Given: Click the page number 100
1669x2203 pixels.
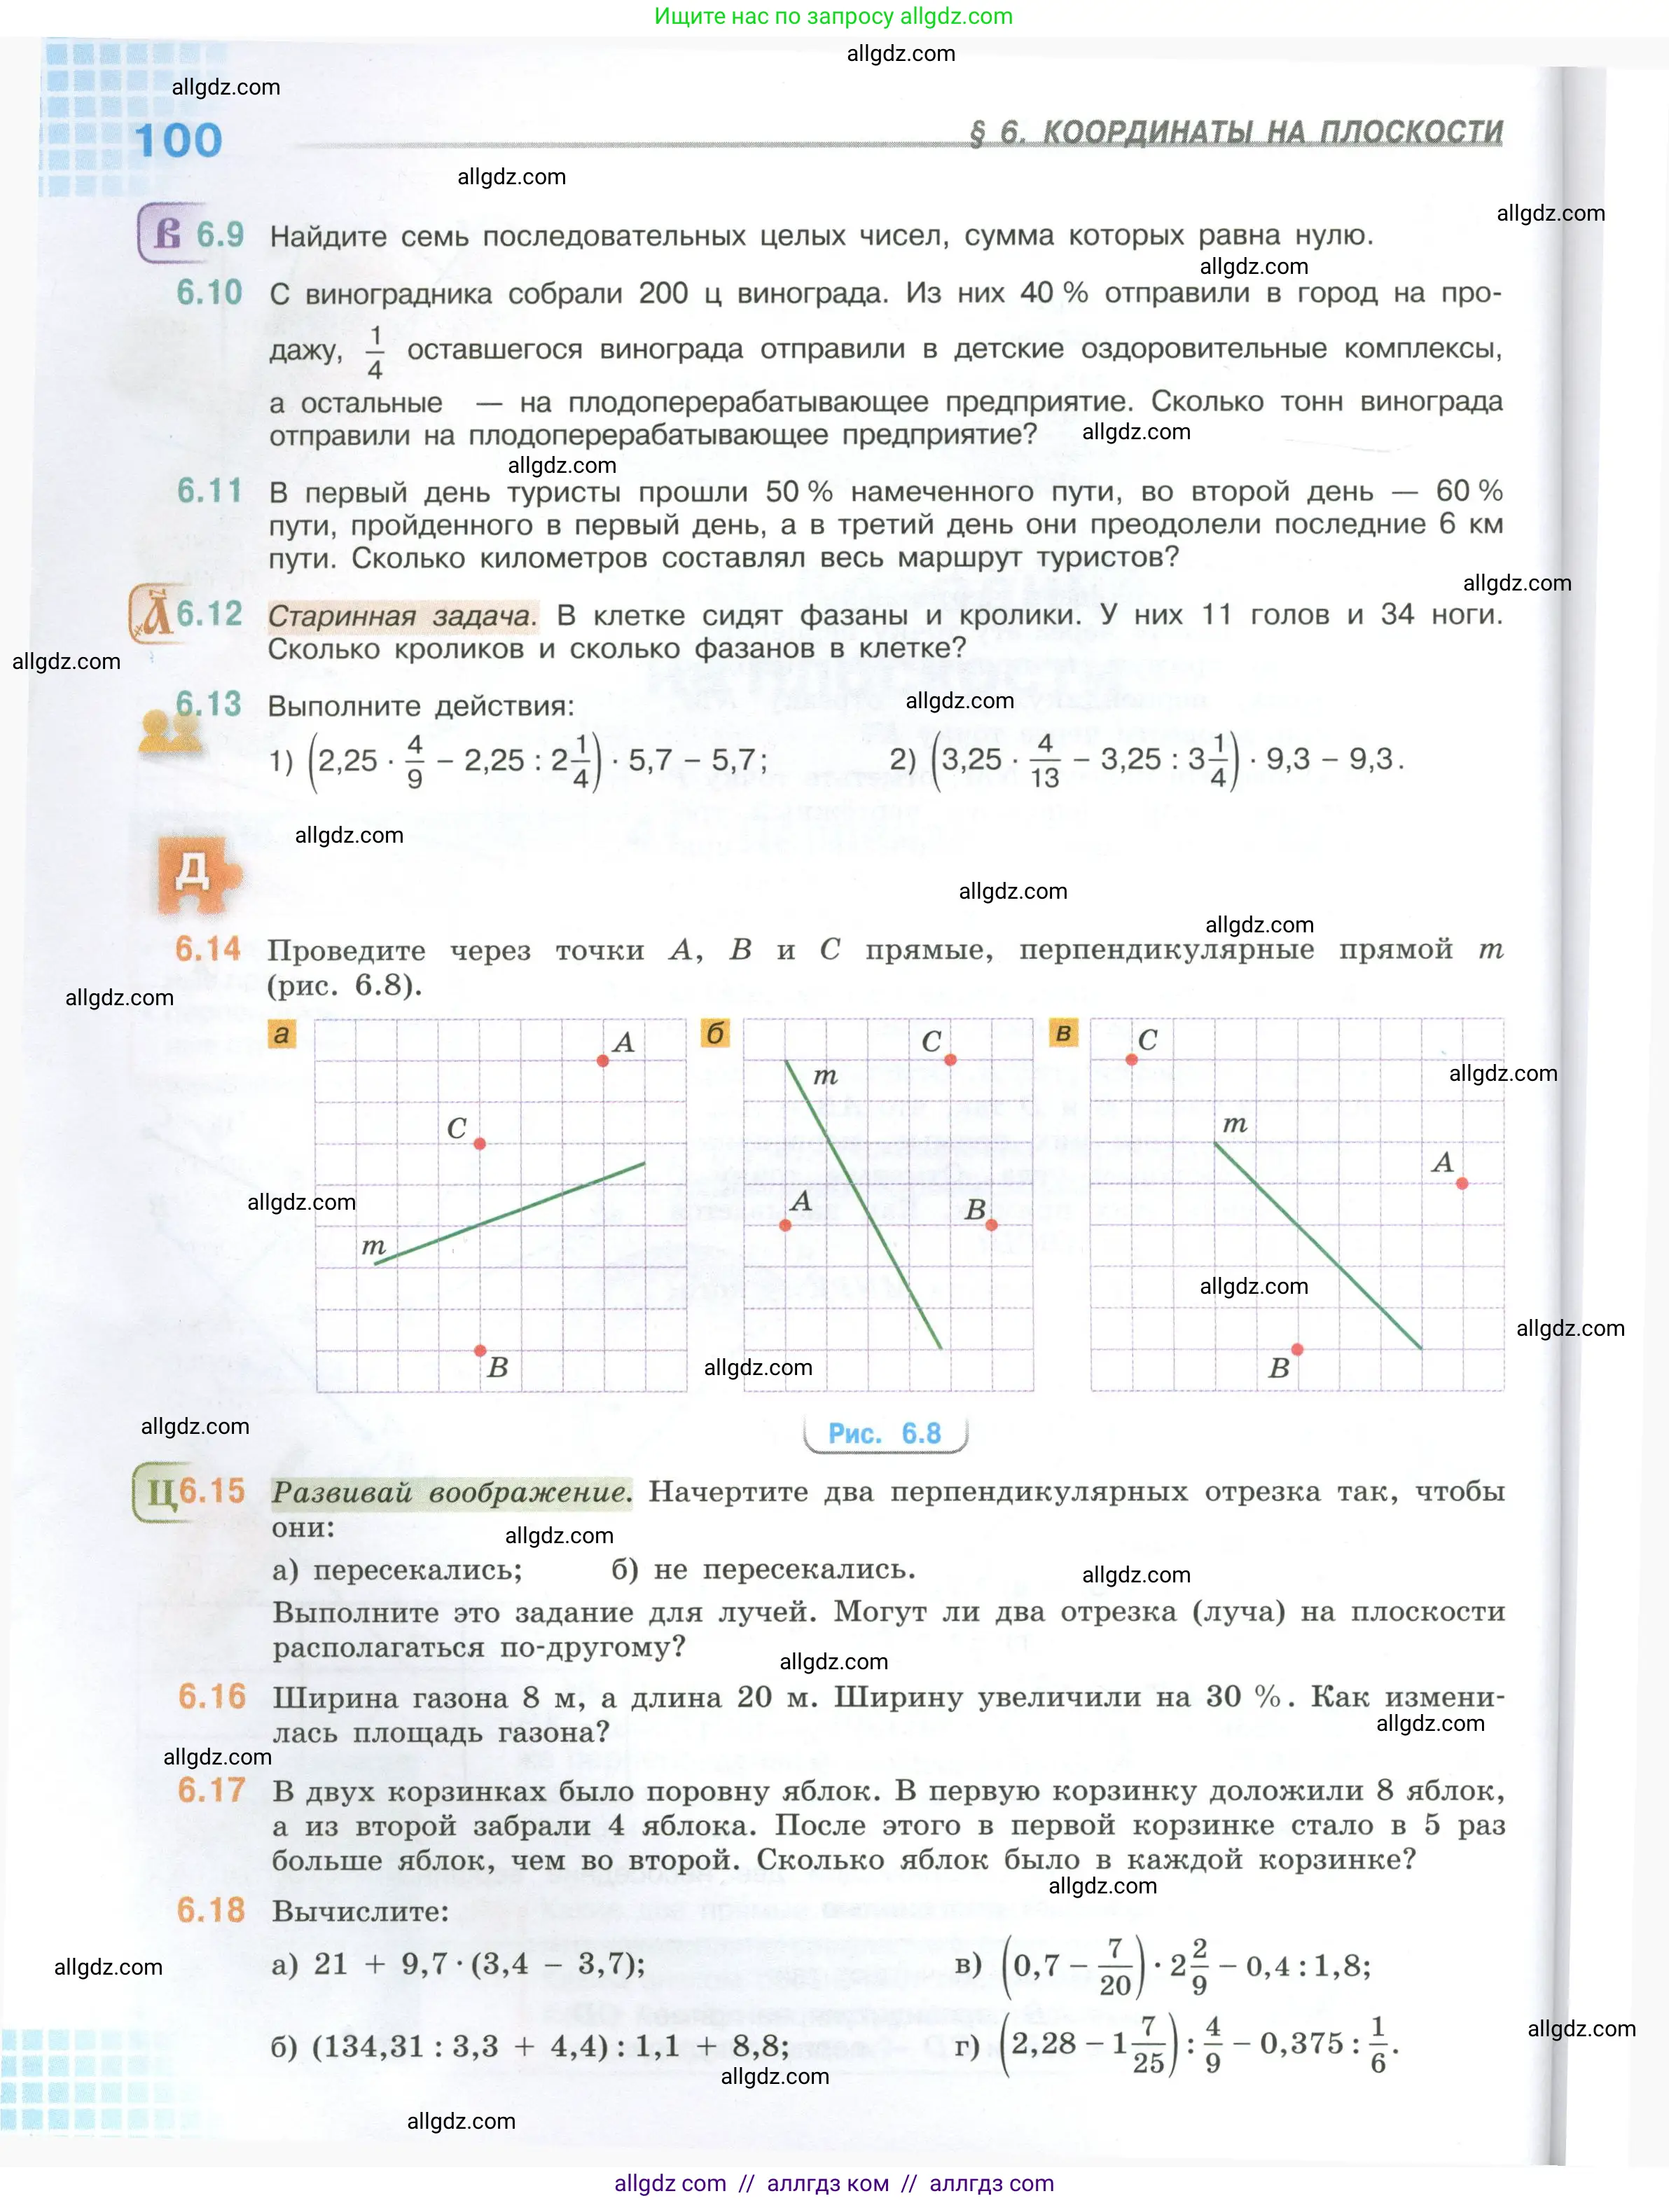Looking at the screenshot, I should [x=179, y=140].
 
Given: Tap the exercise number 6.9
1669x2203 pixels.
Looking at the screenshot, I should [x=219, y=235].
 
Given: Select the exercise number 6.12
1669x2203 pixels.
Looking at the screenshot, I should [x=209, y=614].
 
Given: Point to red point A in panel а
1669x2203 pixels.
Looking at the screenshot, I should [x=602, y=1061].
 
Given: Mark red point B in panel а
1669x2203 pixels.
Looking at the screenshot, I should [x=480, y=1351].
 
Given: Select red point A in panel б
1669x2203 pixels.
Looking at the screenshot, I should [x=786, y=1225].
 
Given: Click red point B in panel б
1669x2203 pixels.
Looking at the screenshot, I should [x=991, y=1225].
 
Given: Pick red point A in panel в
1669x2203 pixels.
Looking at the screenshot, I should [x=1462, y=1183].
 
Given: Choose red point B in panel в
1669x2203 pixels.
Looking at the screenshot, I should [x=1296, y=1350].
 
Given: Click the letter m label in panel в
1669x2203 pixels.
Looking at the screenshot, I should [x=1235, y=1124].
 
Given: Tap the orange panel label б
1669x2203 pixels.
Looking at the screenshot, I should [x=715, y=1034].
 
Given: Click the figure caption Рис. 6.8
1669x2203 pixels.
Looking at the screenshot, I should [x=885, y=1433].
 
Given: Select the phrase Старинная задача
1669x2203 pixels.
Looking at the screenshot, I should [x=401, y=616].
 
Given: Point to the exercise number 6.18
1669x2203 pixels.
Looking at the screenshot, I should [x=210, y=1910].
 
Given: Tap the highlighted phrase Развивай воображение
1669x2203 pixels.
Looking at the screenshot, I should [x=451, y=1492].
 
